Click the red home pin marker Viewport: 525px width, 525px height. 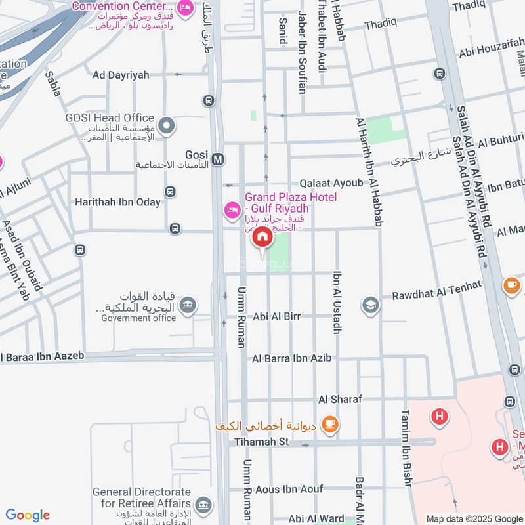click(262, 237)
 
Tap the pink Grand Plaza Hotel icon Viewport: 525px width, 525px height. click(231, 210)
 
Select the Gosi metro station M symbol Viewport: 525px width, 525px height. click(219, 159)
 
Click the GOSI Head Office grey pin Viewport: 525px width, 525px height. click(167, 124)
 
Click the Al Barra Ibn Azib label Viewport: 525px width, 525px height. click(291, 358)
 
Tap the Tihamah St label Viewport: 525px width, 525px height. click(262, 442)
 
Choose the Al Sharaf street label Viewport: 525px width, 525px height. click(339, 399)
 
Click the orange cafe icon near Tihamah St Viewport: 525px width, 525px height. click(330, 425)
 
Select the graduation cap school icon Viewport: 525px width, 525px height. click(370, 306)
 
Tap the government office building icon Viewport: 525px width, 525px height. click(188, 306)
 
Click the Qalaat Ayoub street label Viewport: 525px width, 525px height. click(331, 183)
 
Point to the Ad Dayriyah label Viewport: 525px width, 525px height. click(121, 75)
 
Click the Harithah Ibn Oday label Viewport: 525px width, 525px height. click(117, 202)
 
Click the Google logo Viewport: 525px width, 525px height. click(28, 515)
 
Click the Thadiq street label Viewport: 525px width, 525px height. click(381, 24)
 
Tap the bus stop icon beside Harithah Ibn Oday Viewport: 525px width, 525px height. click(170, 192)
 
